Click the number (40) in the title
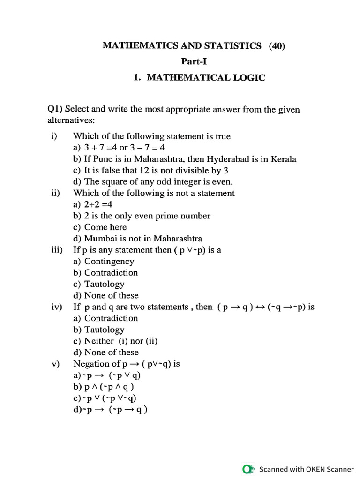click(x=277, y=45)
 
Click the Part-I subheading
click(x=194, y=61)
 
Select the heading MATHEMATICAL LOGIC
click(x=206, y=78)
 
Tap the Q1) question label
click(x=55, y=110)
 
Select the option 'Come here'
click(x=105, y=227)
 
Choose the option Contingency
click(x=109, y=262)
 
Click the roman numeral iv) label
click(x=57, y=307)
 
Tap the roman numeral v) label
click(x=56, y=364)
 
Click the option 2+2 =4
click(x=98, y=204)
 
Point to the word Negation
click(x=90, y=364)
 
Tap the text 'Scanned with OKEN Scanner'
click(x=307, y=469)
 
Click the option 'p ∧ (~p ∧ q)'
click(x=110, y=387)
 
